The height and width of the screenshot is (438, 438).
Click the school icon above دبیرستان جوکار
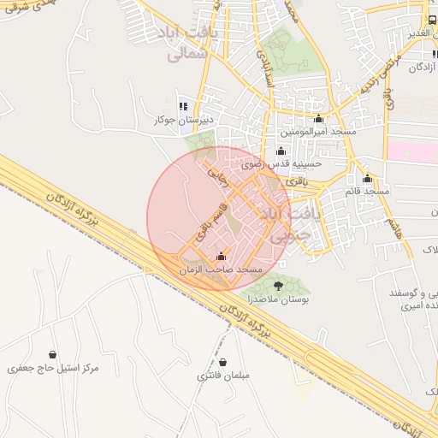[x=183, y=106]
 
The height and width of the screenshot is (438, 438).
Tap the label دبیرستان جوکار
[x=181, y=120]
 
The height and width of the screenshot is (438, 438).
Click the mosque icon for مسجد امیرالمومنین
[x=319, y=119]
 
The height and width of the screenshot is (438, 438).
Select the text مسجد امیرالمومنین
[x=319, y=133]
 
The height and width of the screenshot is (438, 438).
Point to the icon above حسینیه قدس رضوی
[x=281, y=151]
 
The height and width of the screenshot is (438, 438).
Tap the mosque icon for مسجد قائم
[x=367, y=178]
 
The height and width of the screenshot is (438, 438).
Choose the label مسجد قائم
[x=367, y=191]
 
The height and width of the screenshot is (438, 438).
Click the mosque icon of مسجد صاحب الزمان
[x=222, y=256]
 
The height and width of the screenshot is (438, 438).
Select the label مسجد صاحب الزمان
[x=220, y=269]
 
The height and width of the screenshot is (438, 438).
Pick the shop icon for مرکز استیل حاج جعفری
[x=53, y=354]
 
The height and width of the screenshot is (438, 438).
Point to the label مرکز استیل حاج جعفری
[x=53, y=368]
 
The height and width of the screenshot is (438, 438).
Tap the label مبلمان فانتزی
[x=222, y=376]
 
